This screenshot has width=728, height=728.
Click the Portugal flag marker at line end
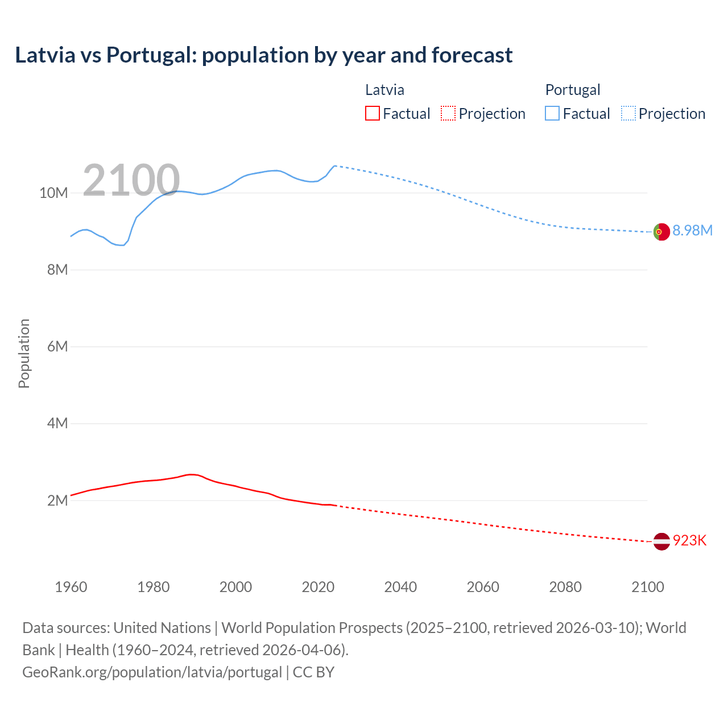tap(661, 231)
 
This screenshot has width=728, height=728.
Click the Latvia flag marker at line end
tap(661, 541)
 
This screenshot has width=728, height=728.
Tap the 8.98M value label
tap(692, 230)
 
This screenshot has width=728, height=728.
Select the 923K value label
tap(689, 540)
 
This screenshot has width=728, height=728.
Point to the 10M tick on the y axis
tap(53, 193)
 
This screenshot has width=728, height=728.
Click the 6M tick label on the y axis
tap(57, 346)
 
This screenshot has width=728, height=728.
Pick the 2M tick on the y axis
tap(57, 500)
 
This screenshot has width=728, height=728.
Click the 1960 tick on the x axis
tap(71, 587)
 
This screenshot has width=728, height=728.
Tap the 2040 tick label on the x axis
tap(400, 587)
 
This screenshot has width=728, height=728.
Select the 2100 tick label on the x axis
tap(647, 587)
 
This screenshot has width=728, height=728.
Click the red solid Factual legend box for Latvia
tap(372, 114)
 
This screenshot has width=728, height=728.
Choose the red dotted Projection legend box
tap(448, 114)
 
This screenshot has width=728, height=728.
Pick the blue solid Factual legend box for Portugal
tap(552, 114)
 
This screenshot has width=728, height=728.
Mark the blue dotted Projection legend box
tap(628, 114)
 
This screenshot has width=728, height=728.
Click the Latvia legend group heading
tap(384, 90)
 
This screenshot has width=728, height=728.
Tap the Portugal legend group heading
tap(573, 90)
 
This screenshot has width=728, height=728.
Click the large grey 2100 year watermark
tap(131, 180)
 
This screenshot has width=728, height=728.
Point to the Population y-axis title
tap(24, 353)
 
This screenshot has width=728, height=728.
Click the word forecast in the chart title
tap(471, 55)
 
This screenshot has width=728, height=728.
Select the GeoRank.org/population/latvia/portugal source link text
tap(152, 672)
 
